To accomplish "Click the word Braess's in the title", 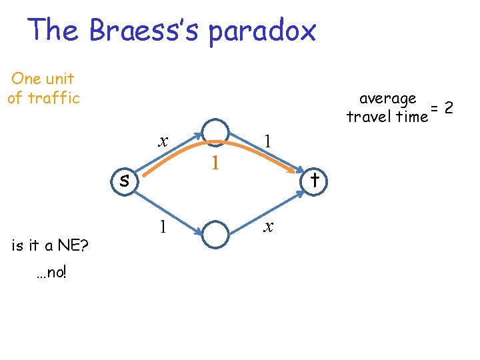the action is click(x=144, y=31).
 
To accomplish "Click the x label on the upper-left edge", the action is click(x=162, y=141).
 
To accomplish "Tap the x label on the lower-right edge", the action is click(x=268, y=227).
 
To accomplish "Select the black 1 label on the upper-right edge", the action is click(x=267, y=141).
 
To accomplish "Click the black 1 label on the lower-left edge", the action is click(x=162, y=227).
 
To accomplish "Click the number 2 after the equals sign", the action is click(x=449, y=107).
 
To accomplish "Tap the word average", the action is click(x=388, y=99).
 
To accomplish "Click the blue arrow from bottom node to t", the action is click(x=267, y=212).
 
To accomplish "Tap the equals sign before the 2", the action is click(x=434, y=108).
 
